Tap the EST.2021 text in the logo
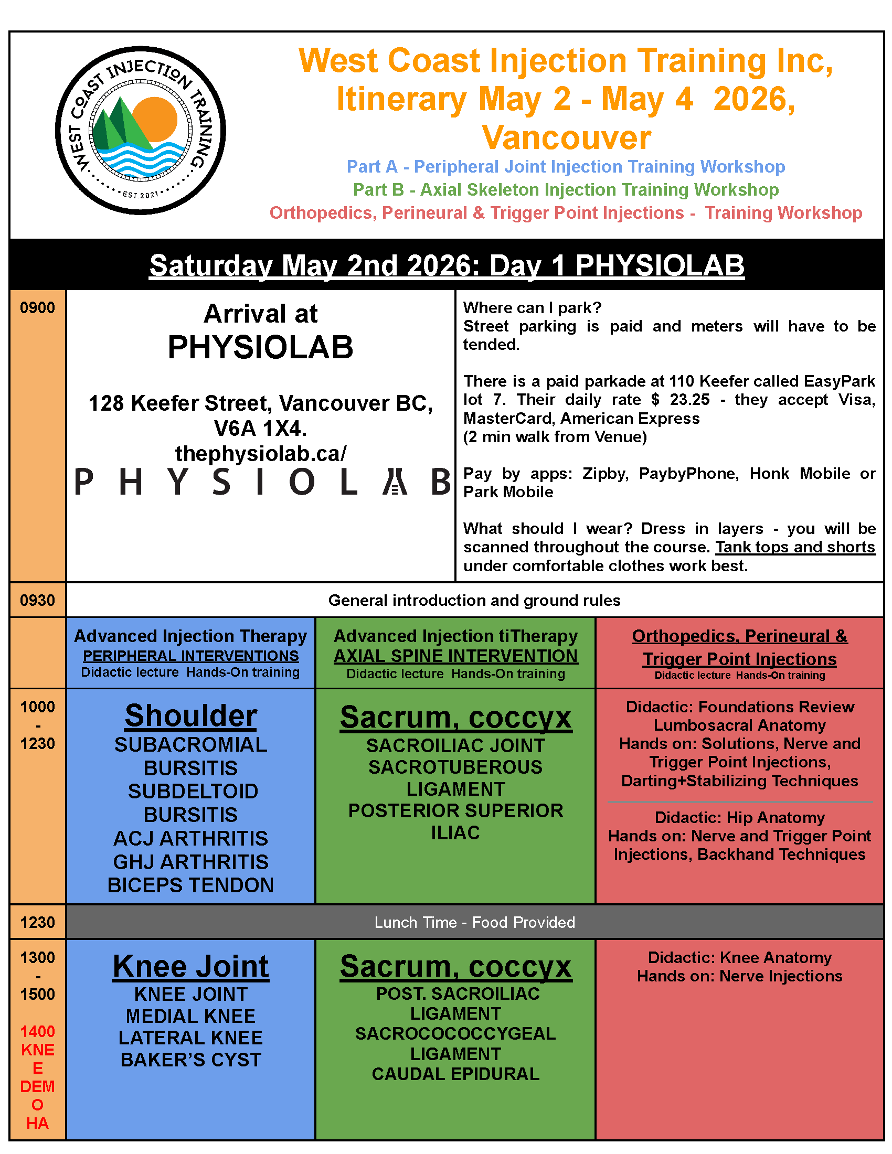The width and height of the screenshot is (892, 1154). (x=141, y=195)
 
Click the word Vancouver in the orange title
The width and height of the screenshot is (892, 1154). (x=566, y=138)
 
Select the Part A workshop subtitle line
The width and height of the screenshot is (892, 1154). (x=566, y=166)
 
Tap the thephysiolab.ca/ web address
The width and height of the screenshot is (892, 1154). (x=261, y=453)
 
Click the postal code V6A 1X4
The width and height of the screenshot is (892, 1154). (x=261, y=429)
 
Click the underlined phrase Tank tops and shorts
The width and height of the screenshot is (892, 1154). (x=795, y=547)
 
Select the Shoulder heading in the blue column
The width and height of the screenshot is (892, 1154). (x=191, y=716)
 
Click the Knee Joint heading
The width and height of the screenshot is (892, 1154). (x=191, y=966)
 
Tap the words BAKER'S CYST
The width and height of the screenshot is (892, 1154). (x=191, y=1060)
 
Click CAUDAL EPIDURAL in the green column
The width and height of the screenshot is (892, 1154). (x=455, y=1074)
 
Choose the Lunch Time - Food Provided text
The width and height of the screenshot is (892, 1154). (x=474, y=922)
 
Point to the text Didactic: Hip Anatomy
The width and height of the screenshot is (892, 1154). (x=739, y=817)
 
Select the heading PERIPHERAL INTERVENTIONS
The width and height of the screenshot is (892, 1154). (x=191, y=656)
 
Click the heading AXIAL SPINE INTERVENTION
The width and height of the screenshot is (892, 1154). (x=455, y=656)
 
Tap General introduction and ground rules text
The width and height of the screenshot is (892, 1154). (x=474, y=600)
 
